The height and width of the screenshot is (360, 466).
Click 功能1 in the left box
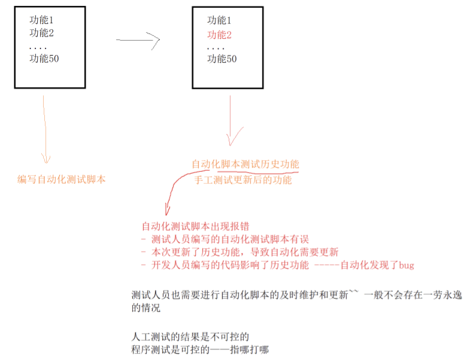click(42, 20)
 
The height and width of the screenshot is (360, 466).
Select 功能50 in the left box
click(44, 59)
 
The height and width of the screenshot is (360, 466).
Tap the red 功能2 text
click(219, 35)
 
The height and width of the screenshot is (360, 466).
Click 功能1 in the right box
click(219, 20)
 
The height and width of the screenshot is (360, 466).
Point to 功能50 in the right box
click(222, 59)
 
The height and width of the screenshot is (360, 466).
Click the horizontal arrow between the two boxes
click(138, 41)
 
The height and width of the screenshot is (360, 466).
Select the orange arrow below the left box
click(46, 129)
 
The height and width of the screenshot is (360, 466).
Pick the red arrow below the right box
click(231, 123)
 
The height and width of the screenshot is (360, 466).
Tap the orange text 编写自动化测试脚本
click(62, 179)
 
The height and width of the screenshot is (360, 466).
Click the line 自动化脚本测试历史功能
click(245, 164)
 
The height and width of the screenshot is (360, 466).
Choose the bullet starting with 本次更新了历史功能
click(240, 252)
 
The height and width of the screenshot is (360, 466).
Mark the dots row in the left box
click(38, 47)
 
